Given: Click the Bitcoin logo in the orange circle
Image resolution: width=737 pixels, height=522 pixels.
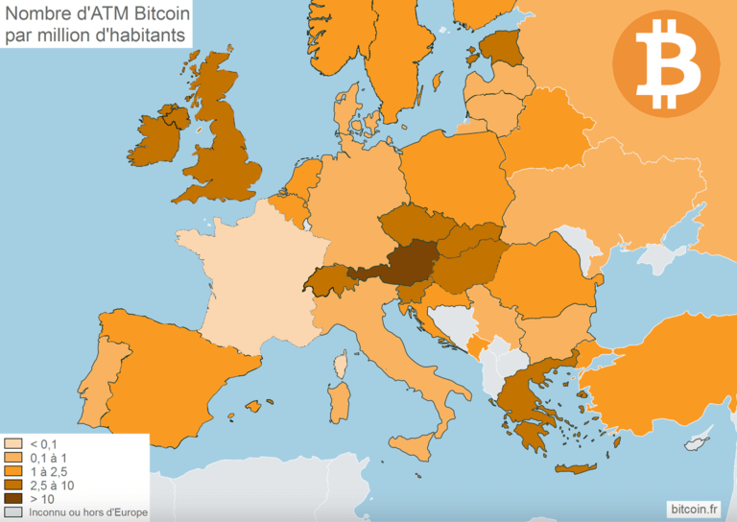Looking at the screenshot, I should pyautogui.click(x=665, y=62).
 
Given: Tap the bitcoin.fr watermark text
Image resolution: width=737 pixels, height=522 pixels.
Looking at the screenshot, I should pyautogui.click(x=694, y=507).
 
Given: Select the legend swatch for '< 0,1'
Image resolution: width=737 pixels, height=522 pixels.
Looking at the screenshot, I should pyautogui.click(x=13, y=444).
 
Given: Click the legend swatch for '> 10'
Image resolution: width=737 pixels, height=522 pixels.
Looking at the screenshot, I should pyautogui.click(x=13, y=499).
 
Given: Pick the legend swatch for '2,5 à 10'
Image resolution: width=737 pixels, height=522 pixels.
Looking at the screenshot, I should pyautogui.click(x=13, y=486).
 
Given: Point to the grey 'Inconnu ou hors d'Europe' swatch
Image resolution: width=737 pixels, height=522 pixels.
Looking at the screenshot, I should pyautogui.click(x=13, y=512).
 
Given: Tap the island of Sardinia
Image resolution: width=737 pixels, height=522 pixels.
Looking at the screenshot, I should pyautogui.click(x=339, y=400).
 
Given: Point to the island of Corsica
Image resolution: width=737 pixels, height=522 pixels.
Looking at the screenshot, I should pyautogui.click(x=340, y=365).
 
